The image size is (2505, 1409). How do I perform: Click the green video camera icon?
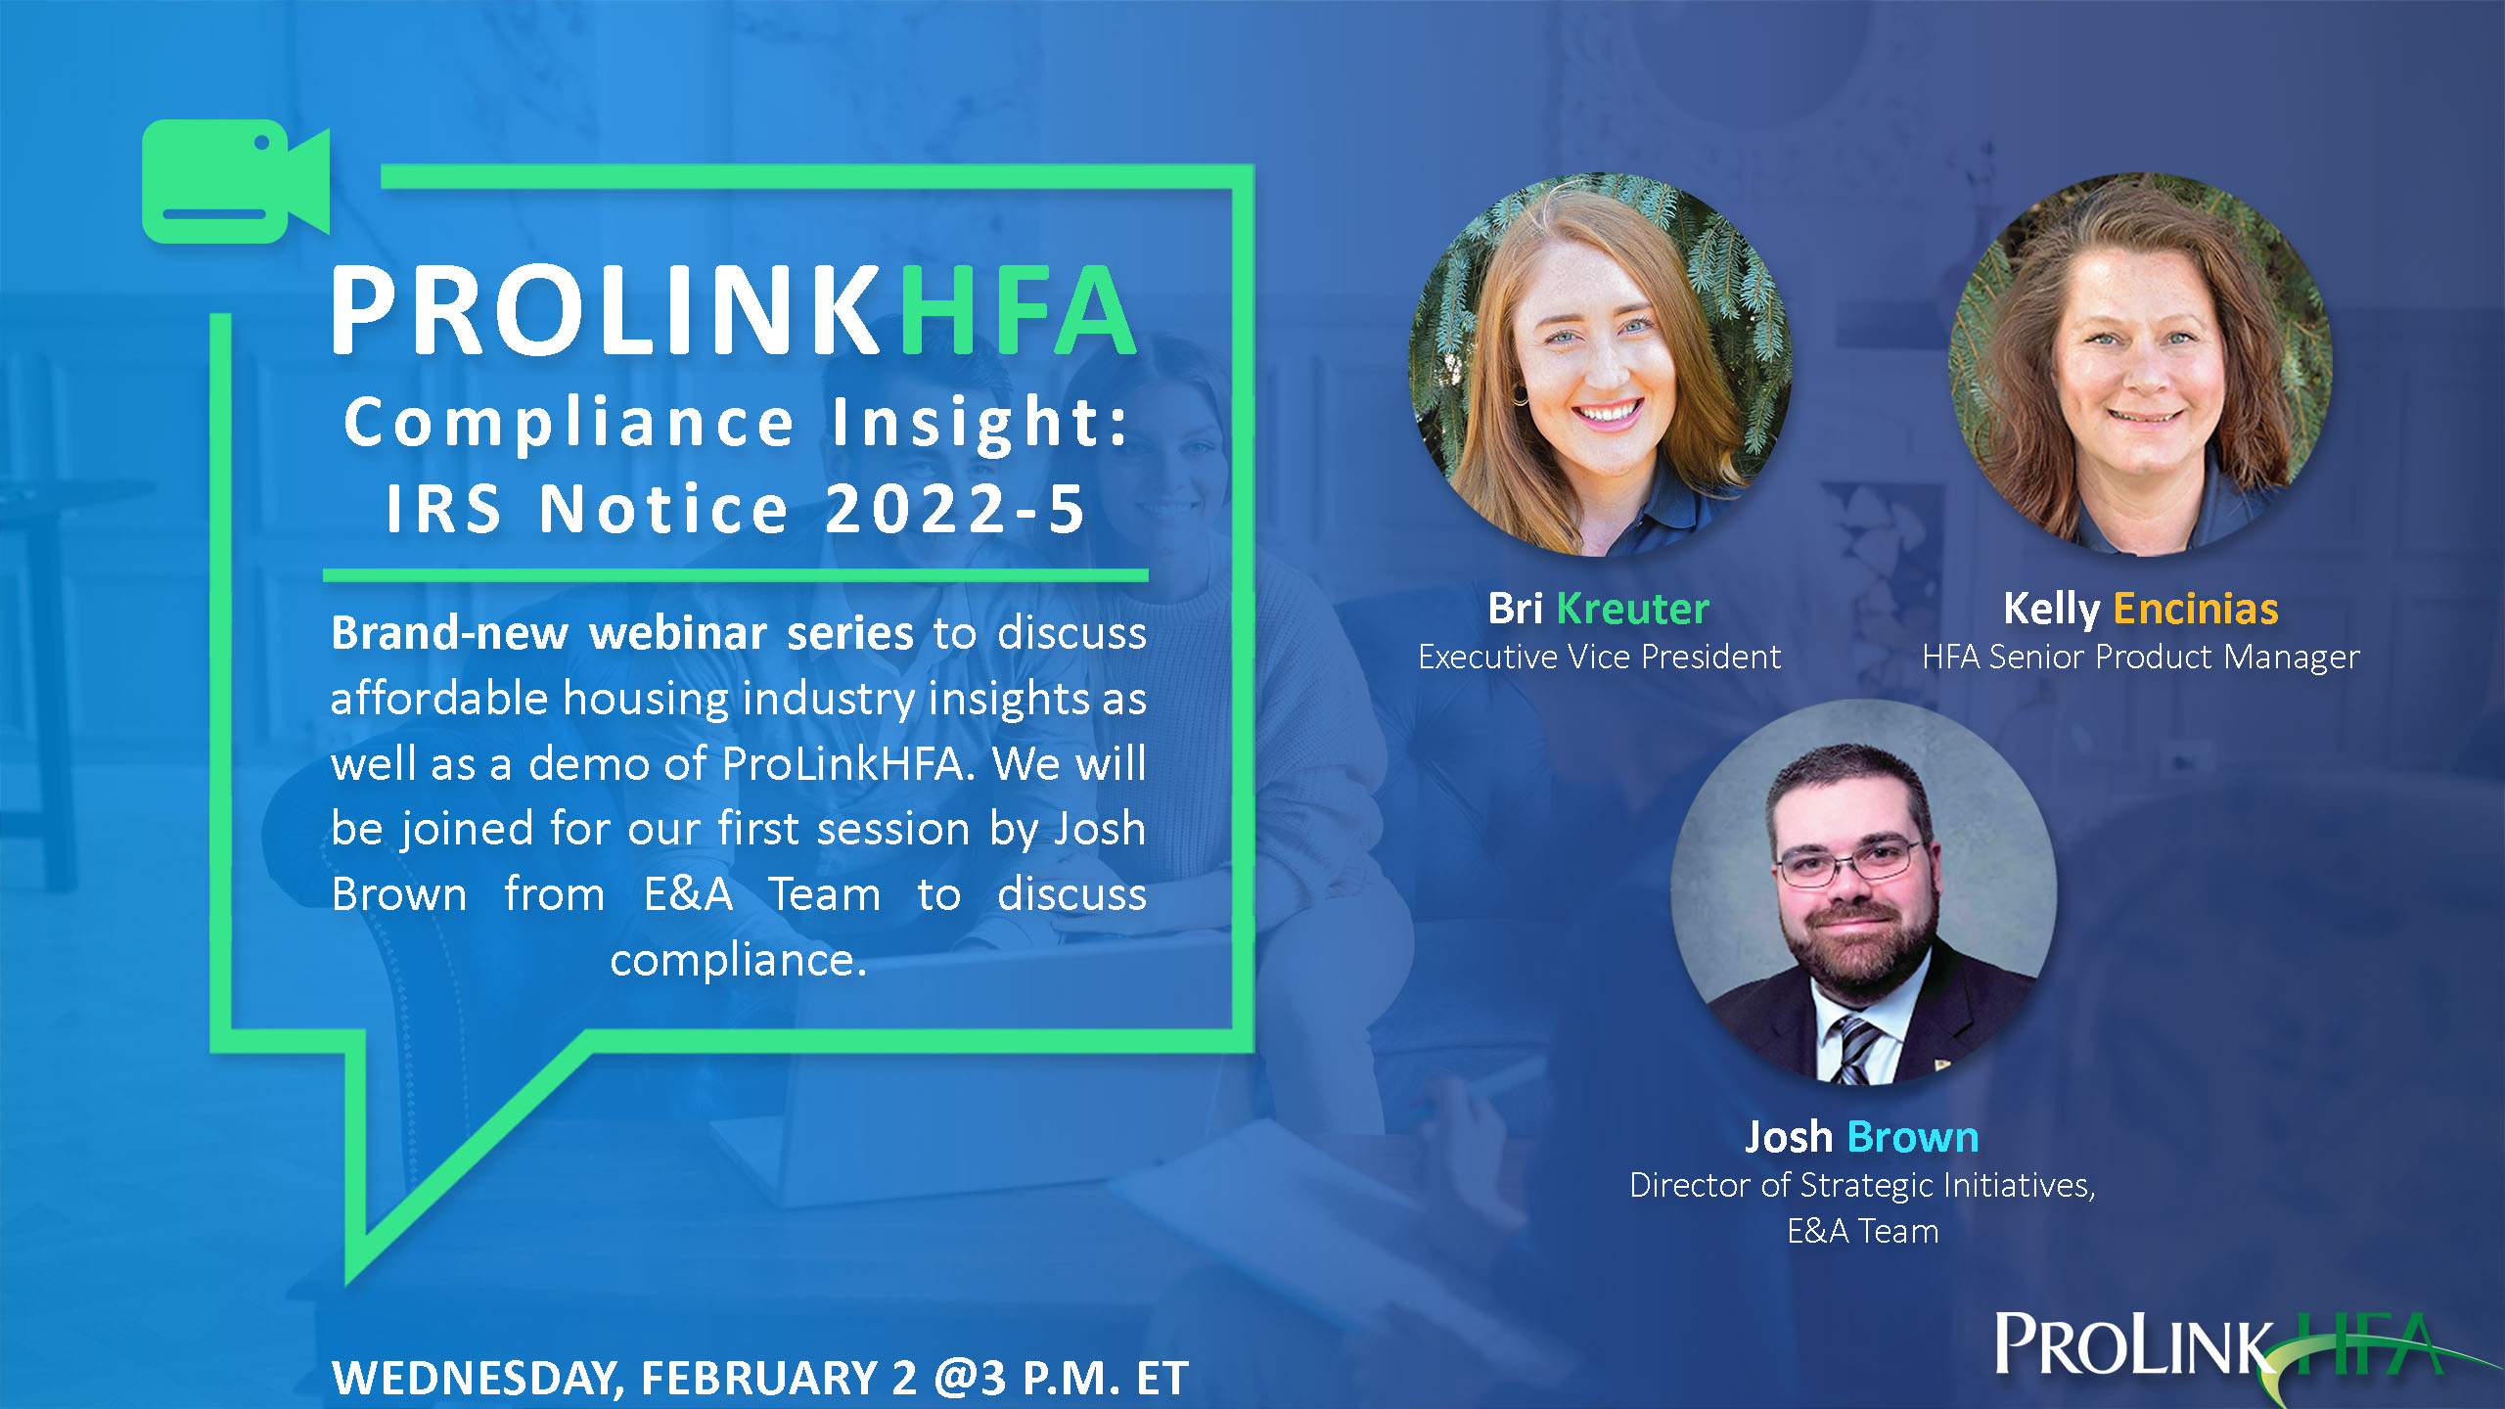pos(236,181)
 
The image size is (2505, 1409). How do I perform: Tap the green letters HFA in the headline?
pos(1018,310)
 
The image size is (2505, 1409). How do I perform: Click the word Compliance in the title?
pos(569,424)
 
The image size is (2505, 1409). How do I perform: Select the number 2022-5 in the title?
pos(955,509)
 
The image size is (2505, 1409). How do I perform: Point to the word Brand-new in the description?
pos(449,633)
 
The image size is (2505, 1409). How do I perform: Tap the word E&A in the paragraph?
pos(688,894)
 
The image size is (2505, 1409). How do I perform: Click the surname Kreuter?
pos(1632,609)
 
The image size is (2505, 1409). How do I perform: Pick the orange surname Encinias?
pos(2196,609)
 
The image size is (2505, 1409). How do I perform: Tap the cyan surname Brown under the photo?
pos(1913,1137)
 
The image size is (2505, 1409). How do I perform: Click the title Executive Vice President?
pos(1600,657)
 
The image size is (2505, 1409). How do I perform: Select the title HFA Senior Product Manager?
pos(2141,657)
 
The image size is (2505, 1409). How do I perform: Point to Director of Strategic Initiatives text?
pos(1862,1185)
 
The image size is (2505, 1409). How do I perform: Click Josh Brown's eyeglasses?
pos(1849,862)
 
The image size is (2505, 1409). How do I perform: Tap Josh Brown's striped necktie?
pos(1855,1048)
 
